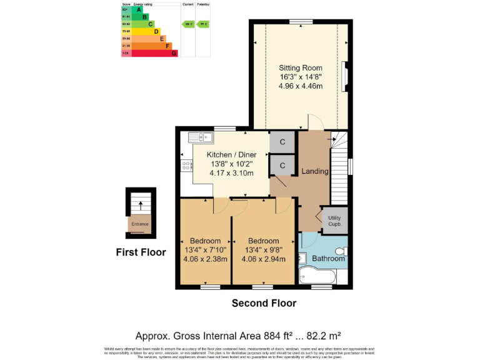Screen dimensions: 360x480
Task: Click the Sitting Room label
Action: (x=301, y=67)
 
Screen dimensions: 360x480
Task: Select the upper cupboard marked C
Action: (x=282, y=142)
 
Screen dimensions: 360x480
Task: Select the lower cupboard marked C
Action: (x=282, y=166)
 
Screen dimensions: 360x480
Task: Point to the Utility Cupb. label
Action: (x=335, y=221)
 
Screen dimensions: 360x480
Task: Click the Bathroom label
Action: (x=328, y=258)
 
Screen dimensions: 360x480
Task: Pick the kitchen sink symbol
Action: (x=206, y=137)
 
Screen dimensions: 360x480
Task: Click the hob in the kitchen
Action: (x=186, y=166)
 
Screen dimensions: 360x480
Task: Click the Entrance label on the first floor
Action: (x=140, y=224)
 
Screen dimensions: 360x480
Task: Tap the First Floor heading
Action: (x=141, y=252)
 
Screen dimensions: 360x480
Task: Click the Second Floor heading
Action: (x=264, y=304)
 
